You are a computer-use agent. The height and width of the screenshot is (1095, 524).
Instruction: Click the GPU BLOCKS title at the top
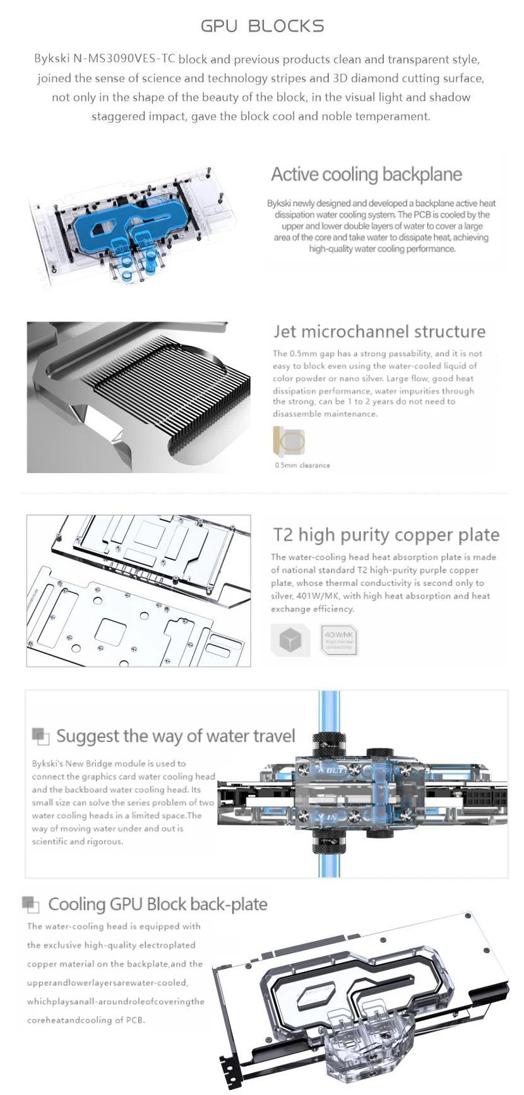(x=262, y=26)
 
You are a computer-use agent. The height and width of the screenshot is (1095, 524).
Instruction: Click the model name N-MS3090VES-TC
(x=124, y=59)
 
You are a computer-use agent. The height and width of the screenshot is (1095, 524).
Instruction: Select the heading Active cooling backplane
(x=366, y=174)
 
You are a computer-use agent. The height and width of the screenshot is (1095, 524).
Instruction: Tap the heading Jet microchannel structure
(x=379, y=332)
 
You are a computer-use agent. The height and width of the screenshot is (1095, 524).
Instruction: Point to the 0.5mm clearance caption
(x=302, y=465)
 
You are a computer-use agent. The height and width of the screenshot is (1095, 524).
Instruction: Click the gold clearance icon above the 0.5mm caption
(x=289, y=441)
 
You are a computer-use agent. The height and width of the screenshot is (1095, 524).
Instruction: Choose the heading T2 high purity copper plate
(x=386, y=535)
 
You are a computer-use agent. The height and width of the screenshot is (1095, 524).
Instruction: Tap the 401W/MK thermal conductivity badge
(x=340, y=640)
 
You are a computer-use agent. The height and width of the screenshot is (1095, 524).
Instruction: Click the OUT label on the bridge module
(x=334, y=770)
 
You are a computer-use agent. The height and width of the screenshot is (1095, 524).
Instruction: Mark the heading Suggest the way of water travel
(x=176, y=736)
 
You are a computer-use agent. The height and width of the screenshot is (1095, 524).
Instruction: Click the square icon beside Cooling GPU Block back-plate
(x=30, y=904)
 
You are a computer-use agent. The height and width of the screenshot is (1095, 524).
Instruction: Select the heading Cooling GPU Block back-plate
(x=158, y=904)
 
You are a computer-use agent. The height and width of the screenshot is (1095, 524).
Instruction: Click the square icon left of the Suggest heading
(x=40, y=736)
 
